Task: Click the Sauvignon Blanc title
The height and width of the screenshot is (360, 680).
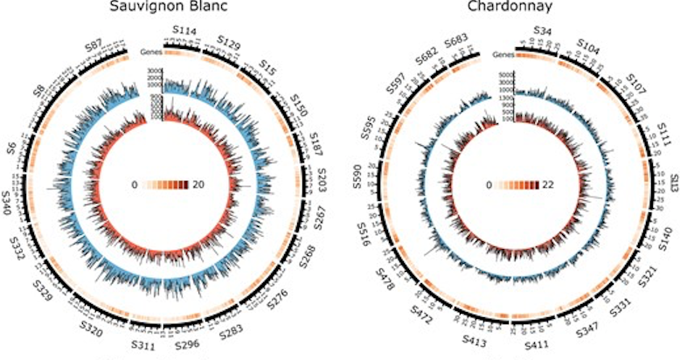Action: tap(163, 9)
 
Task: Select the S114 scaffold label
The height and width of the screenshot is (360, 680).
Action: tap(184, 31)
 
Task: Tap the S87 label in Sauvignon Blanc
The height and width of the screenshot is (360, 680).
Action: tap(97, 45)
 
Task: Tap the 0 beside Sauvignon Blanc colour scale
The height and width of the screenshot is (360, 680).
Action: tap(134, 185)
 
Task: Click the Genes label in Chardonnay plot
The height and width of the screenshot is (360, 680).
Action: tap(502, 55)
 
